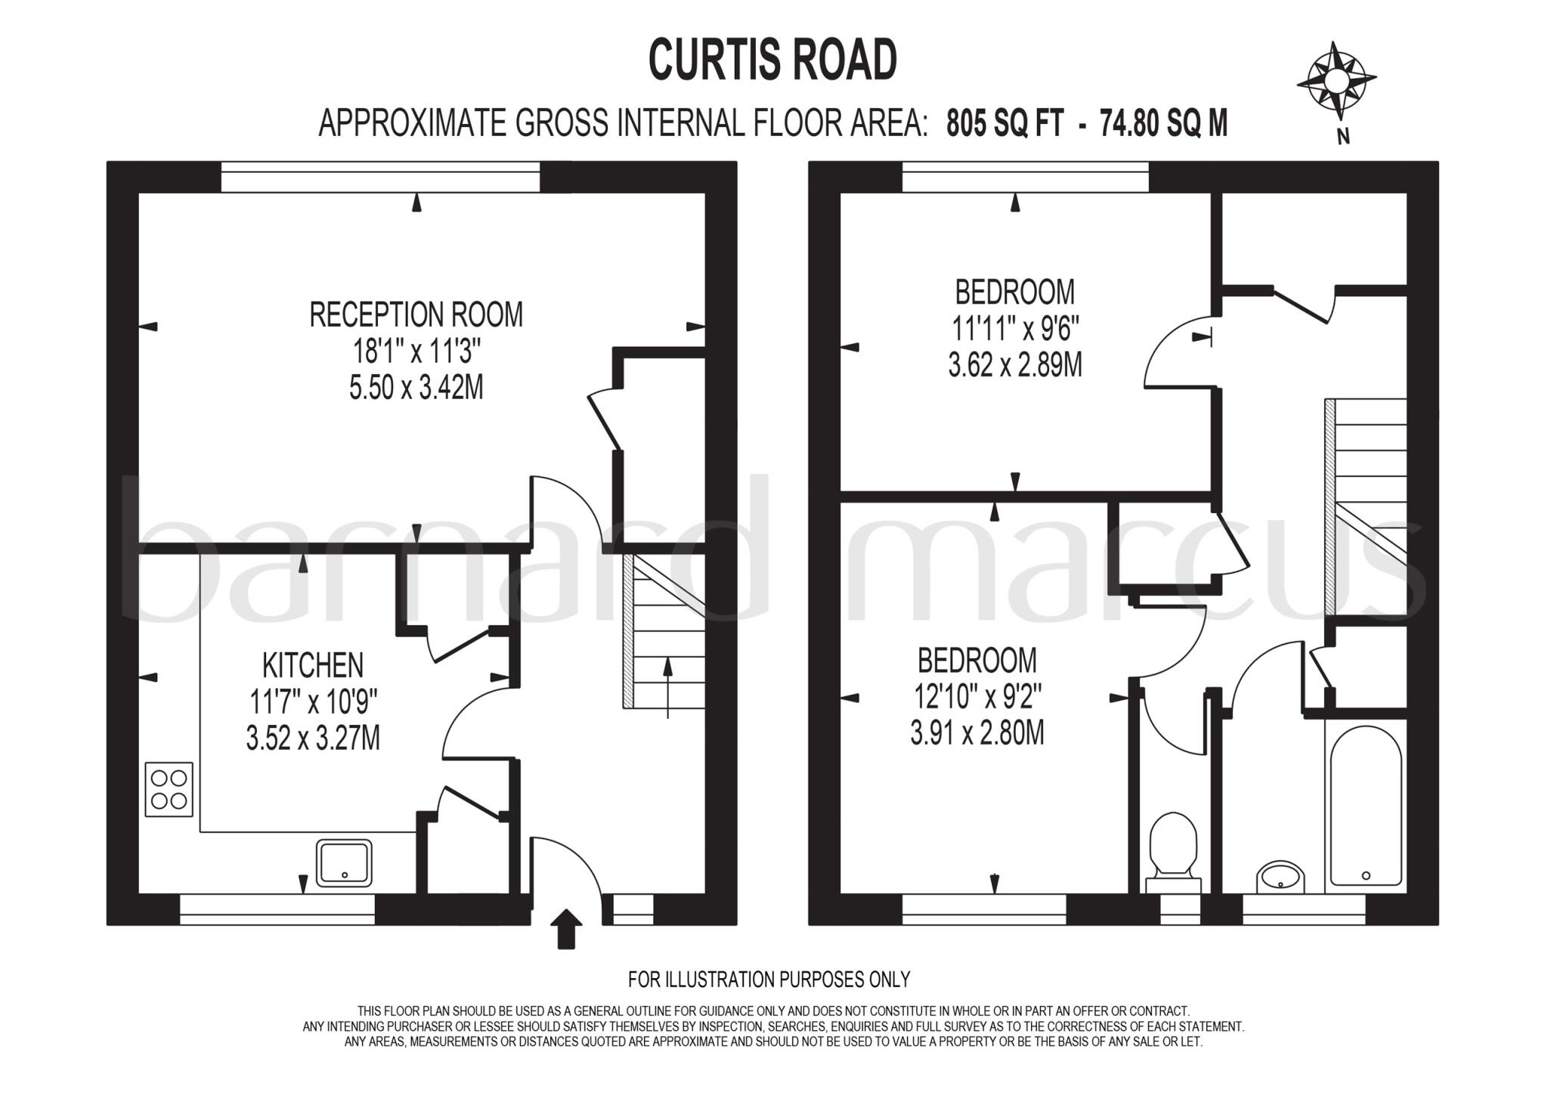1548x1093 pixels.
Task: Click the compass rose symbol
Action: click(x=1336, y=80)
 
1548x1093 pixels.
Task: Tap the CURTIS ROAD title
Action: click(x=772, y=60)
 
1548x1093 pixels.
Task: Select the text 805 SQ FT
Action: click(x=1005, y=123)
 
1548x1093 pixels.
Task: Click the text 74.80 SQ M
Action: click(x=1163, y=123)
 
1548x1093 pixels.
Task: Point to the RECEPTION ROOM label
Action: click(x=416, y=314)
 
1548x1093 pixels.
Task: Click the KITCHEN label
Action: click(x=313, y=665)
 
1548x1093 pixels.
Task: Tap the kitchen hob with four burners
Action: click(x=169, y=789)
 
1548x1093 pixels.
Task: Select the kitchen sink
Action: click(x=344, y=862)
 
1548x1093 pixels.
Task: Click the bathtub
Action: click(x=1366, y=805)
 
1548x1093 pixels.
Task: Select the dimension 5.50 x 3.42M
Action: click(x=416, y=388)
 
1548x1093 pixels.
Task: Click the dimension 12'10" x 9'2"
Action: click(x=978, y=697)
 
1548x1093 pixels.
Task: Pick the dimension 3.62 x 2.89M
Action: click(x=1015, y=365)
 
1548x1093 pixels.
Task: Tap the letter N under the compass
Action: click(x=1343, y=137)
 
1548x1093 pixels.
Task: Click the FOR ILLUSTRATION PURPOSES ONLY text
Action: click(x=769, y=980)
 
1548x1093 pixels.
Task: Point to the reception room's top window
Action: click(x=380, y=177)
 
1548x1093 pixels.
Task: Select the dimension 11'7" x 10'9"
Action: click(x=314, y=701)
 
